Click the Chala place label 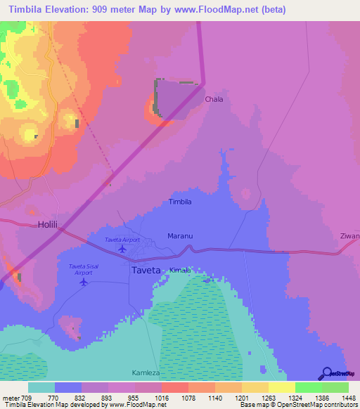tap(214, 99)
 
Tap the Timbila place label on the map tap(181, 202)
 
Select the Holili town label tap(48, 226)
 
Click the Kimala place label tap(180, 270)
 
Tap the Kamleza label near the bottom tap(146, 372)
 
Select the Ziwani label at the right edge tap(349, 236)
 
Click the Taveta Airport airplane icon tap(123, 248)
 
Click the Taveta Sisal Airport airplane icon tap(84, 282)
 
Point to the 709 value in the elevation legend tap(27, 397)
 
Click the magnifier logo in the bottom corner tap(326, 373)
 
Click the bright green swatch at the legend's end tap(335, 387)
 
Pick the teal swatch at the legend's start tap(41, 387)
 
